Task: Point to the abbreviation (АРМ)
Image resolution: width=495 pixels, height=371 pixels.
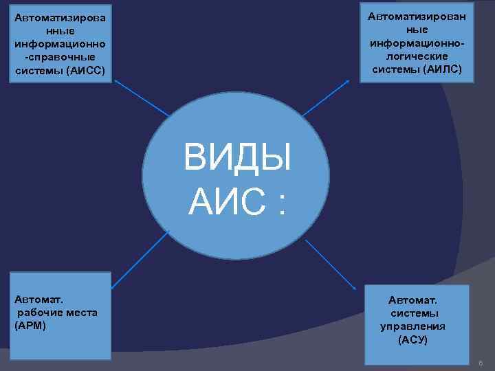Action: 30,325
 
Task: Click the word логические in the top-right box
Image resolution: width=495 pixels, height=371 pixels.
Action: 417,56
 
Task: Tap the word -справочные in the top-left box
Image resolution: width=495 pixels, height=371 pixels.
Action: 59,56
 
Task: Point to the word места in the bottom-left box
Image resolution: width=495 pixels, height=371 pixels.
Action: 82,313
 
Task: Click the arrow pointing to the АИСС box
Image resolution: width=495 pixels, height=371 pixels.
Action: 142,97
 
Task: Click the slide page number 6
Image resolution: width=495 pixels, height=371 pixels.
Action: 481,363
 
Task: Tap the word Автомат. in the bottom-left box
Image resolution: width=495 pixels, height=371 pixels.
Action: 38,300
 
